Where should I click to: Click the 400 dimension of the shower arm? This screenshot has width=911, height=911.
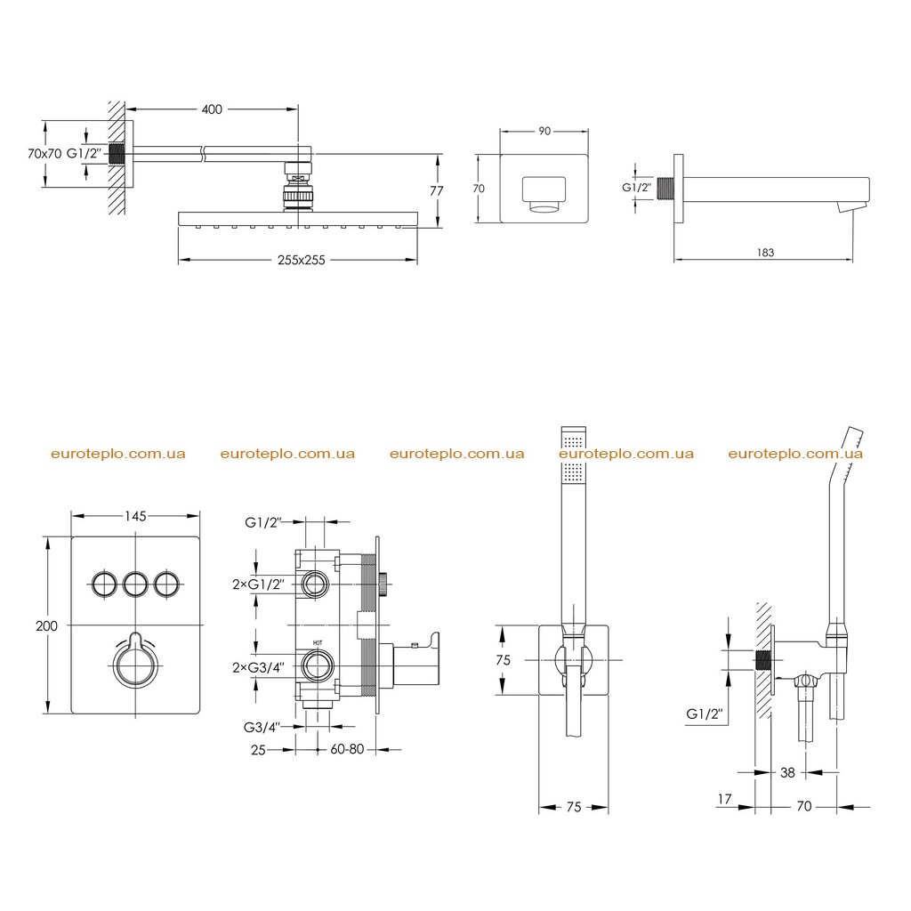pos(212,109)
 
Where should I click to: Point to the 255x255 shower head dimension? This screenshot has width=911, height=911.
pos(301,261)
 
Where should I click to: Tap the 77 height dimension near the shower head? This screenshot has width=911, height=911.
pos(436,190)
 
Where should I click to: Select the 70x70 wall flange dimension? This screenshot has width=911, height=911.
pos(44,153)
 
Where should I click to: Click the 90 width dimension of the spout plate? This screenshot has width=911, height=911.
pos(544,132)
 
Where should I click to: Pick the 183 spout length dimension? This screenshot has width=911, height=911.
pos(765,253)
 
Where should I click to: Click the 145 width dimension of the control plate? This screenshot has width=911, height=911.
pos(135,516)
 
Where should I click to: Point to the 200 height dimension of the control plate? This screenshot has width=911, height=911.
pos(46,625)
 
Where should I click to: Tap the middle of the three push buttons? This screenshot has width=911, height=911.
pos(135,584)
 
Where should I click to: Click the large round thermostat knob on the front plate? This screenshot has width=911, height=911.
pos(135,664)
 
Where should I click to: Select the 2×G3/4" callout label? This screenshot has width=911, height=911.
pos(258,667)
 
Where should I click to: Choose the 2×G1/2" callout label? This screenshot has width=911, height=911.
pos(258,584)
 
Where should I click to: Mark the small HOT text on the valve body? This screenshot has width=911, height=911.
pos(318,642)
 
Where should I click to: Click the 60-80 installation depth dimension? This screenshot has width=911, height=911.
pos(347,749)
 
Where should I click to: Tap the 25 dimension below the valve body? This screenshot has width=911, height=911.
pos(258,750)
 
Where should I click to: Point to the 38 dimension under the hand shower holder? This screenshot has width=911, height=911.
pos(787,773)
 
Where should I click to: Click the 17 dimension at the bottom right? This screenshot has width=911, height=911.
pos(724,799)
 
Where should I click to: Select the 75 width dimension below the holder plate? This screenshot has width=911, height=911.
pos(574,807)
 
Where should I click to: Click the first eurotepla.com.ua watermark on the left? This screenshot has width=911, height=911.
pos(118,454)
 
